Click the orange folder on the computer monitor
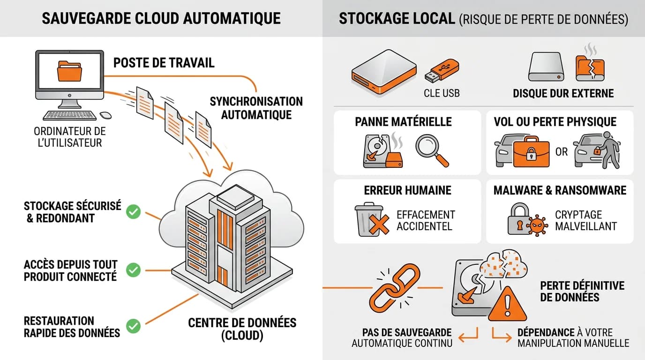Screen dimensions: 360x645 (x=69, y=71)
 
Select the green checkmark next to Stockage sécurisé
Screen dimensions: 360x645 (x=134, y=212)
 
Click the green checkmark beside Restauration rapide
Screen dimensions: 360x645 (x=134, y=326)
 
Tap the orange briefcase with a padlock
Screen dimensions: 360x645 (x=531, y=152)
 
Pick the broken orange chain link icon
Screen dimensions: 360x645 (x=395, y=287)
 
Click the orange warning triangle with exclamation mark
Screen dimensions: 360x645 (x=507, y=305)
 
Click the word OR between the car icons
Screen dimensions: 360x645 (x=562, y=152)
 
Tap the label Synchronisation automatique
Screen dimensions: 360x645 (x=256, y=108)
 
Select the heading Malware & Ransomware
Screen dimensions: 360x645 (x=560, y=190)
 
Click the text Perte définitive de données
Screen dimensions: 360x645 (x=582, y=291)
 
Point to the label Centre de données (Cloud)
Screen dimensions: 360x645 (x=242, y=329)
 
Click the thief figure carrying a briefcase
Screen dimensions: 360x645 (x=608, y=150)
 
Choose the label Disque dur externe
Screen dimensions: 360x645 (x=563, y=93)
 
